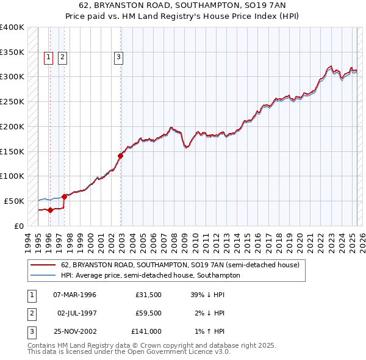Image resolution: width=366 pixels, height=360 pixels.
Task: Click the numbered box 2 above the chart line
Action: coord(62,58)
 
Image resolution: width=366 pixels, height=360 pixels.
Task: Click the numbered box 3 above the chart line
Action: coord(118,58)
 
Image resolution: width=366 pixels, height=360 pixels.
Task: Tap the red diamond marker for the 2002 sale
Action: coord(120,156)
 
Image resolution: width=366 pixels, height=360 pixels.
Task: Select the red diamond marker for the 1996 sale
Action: coord(50,210)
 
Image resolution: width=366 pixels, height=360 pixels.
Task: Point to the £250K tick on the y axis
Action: coord(12,101)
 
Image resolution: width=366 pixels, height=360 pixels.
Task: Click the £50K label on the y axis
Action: coord(14,201)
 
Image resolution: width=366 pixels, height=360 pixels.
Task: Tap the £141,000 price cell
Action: coord(146,331)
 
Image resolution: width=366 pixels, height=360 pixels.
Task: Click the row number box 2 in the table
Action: coord(30,313)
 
